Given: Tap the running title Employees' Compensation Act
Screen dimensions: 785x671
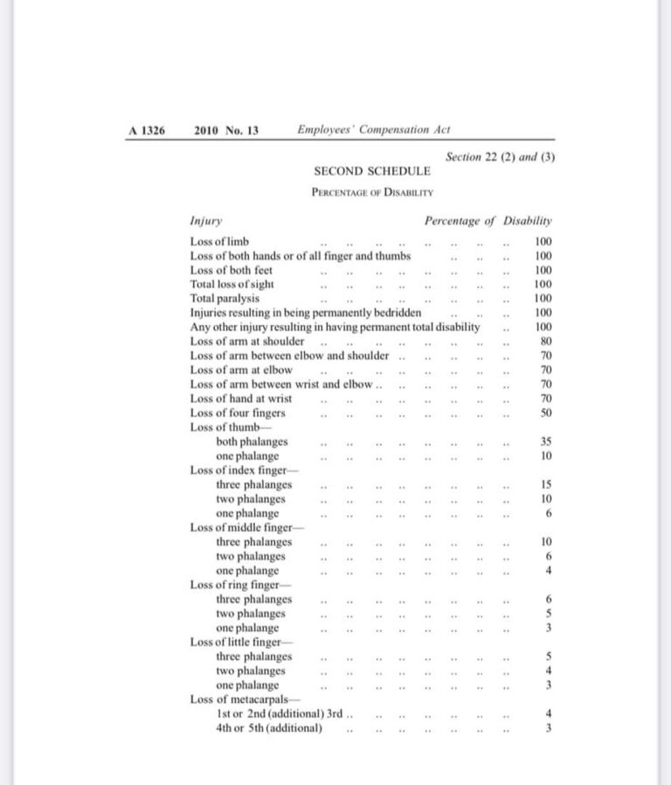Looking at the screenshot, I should (x=373, y=129).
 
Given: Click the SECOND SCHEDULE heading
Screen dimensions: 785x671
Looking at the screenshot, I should (x=372, y=170).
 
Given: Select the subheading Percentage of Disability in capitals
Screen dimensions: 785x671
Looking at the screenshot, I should (x=373, y=192).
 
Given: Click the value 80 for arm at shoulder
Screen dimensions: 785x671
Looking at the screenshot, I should (x=546, y=341).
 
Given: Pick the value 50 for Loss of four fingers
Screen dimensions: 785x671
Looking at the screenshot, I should (x=546, y=412).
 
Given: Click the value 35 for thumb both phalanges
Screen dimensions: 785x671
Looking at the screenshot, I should (x=546, y=441).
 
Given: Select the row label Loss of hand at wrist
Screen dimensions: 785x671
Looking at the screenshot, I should (x=241, y=398).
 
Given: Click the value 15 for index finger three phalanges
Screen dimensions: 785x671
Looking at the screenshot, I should (x=546, y=484).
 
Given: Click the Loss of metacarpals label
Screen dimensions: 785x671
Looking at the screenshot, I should (x=232, y=699).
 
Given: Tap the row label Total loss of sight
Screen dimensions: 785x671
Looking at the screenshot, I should (x=232, y=284).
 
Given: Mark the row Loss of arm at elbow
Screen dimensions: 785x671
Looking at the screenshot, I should (x=241, y=370).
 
